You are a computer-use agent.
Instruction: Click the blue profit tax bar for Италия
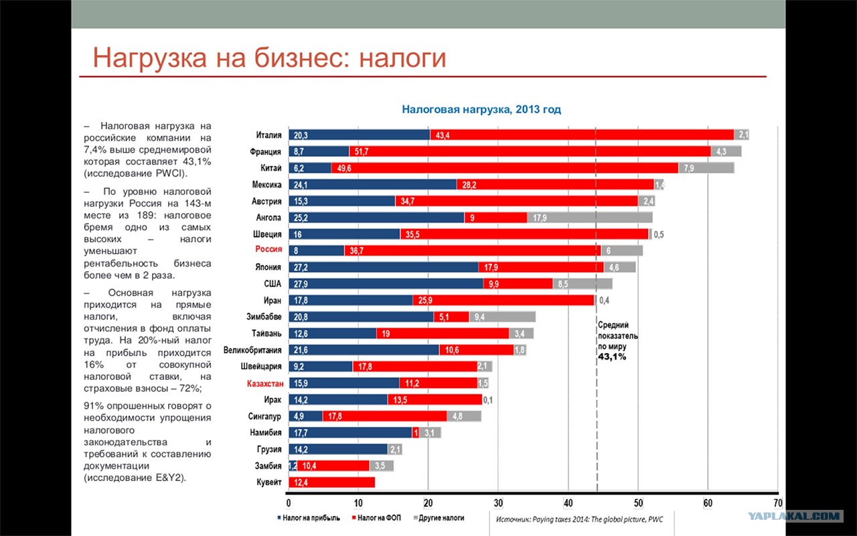(x=360, y=135)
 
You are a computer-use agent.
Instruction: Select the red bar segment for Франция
(x=530, y=151)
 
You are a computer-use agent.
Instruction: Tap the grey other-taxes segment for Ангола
(x=590, y=218)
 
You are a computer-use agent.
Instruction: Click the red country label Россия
(x=268, y=249)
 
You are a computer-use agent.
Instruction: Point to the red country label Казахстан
(x=265, y=383)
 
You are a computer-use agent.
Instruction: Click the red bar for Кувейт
(x=331, y=482)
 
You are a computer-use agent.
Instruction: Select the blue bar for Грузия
(x=338, y=449)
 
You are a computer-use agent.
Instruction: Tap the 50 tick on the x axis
(x=638, y=503)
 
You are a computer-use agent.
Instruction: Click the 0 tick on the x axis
(x=289, y=503)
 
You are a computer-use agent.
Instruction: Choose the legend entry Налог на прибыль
(x=309, y=518)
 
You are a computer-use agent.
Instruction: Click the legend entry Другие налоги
(x=439, y=518)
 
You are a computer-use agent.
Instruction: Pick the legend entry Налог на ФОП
(x=376, y=518)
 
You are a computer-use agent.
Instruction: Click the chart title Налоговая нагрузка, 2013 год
(x=481, y=109)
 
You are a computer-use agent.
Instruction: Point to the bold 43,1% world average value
(x=612, y=357)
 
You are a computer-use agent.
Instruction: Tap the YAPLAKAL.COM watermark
(x=795, y=516)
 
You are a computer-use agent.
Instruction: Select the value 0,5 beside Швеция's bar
(x=658, y=234)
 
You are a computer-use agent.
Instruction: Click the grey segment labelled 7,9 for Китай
(x=706, y=167)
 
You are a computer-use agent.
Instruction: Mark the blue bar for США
(x=386, y=283)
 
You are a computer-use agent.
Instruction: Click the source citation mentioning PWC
(x=579, y=519)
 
